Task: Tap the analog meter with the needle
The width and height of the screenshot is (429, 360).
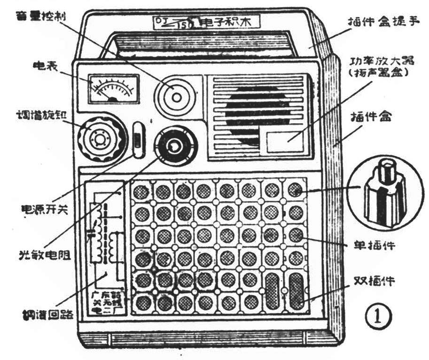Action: (113, 87)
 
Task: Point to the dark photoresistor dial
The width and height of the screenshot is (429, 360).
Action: (174, 147)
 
